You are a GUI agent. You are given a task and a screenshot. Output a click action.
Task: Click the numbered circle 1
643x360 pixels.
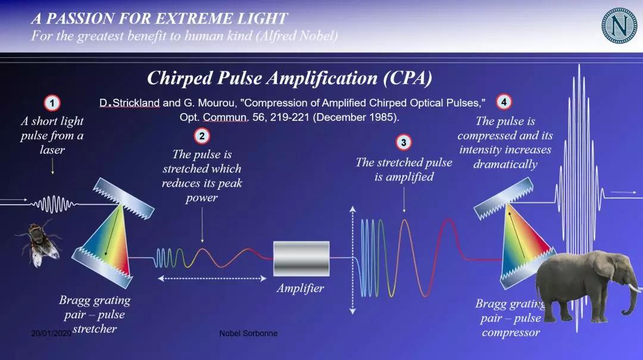click(52, 103)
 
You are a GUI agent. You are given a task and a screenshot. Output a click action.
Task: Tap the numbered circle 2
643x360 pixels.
click(202, 136)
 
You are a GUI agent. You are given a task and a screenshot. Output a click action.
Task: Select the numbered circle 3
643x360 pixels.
click(404, 142)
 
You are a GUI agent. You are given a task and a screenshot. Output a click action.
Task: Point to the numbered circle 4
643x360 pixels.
click(504, 102)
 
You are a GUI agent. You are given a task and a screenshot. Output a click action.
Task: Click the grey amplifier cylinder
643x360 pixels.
click(301, 259)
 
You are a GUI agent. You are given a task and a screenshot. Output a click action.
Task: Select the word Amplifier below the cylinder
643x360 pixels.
click(300, 288)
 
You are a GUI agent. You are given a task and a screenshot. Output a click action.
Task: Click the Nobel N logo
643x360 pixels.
click(619, 26)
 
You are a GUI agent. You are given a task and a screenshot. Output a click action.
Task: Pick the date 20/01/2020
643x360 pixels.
click(51, 333)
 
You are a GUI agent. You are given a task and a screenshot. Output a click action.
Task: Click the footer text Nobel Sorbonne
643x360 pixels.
click(248, 333)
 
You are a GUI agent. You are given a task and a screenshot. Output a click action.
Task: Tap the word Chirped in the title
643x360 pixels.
click(180, 79)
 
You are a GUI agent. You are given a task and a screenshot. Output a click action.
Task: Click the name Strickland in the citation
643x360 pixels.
click(136, 103)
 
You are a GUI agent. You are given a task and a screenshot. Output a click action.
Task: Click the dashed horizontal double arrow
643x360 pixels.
click(213, 278)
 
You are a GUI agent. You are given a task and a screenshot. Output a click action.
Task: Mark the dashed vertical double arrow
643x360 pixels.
click(352, 261)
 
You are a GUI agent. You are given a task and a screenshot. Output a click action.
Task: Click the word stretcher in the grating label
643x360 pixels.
click(95, 329)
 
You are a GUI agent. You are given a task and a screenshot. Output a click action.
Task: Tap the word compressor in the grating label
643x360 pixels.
click(511, 333)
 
